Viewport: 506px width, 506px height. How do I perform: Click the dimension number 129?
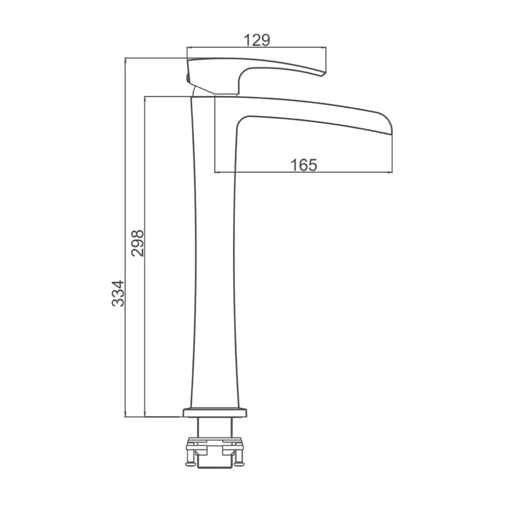coord(257,40)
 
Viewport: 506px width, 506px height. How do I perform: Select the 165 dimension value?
coord(304,165)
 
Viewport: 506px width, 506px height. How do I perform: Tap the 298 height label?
coord(138,243)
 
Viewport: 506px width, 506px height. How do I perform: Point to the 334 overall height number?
coord(118,293)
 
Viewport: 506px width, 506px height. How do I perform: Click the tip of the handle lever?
coord(324,74)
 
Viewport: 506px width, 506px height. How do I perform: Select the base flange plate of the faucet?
coord(215,413)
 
